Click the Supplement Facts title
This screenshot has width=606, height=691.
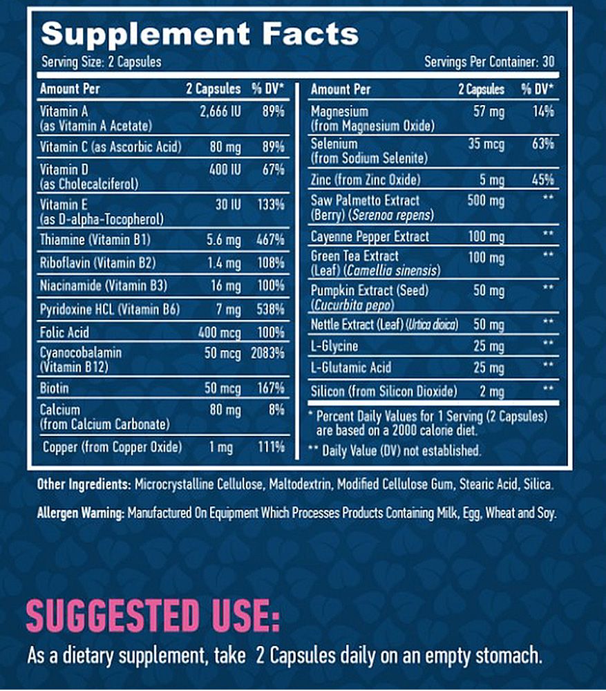(200, 34)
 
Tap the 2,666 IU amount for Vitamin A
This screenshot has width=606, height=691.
(220, 111)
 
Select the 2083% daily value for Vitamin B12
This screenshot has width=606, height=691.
(269, 352)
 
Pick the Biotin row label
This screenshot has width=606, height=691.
(55, 388)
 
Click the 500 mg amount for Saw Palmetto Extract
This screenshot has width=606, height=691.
(486, 200)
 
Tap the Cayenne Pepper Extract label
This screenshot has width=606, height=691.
(370, 236)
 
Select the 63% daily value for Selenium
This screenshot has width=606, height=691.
(542, 144)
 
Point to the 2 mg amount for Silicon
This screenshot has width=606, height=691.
(491, 392)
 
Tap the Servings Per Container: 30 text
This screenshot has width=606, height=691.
(489, 61)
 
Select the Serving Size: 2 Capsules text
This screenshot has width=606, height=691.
(102, 61)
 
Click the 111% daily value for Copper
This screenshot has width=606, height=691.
(270, 447)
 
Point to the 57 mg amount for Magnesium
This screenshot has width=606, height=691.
(489, 111)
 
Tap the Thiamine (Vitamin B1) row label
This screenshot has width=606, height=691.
(95, 240)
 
